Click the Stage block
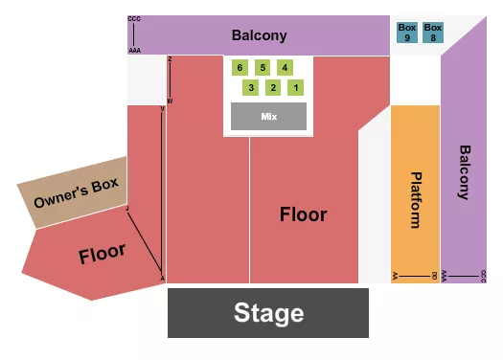(268, 312)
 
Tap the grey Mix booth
(268, 116)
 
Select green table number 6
(240, 67)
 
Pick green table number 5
(262, 67)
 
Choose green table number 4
(285, 67)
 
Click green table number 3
(251, 88)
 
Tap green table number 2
(273, 88)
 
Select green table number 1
(296, 88)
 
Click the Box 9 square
(407, 34)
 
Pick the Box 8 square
(433, 34)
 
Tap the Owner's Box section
(73, 193)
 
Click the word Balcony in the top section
(259, 36)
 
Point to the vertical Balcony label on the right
(465, 172)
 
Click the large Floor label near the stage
(303, 214)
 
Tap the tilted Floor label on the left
(102, 254)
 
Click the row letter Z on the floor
(170, 59)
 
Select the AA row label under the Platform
(395, 276)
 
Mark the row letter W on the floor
(170, 101)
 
